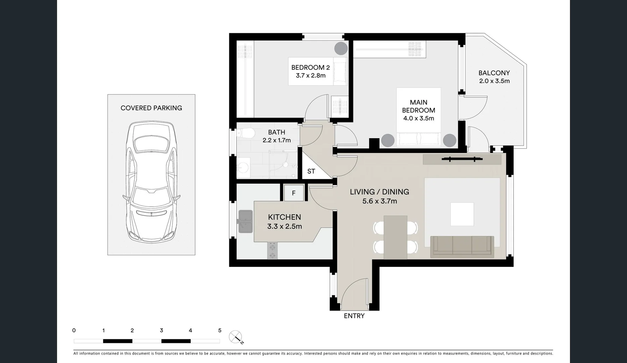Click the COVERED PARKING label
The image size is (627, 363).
point(151,108)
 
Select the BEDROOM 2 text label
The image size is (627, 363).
point(310,67)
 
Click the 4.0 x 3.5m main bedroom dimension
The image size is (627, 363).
point(419,118)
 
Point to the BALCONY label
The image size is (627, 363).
point(494,73)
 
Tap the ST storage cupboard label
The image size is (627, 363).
point(311,171)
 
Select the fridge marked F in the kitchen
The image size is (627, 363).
point(294,193)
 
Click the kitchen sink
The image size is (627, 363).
point(246,221)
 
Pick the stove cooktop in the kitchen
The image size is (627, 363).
point(273,251)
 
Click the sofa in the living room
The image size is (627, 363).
point(462,246)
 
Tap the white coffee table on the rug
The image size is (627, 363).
point(462,214)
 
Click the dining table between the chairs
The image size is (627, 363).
point(395,237)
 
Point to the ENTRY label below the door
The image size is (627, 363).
point(354,316)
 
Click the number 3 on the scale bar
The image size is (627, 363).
point(161,330)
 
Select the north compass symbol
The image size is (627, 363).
point(236,337)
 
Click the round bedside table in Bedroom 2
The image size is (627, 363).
point(340,48)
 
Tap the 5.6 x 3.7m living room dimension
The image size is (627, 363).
point(380,201)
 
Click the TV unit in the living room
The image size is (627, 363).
point(462,159)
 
